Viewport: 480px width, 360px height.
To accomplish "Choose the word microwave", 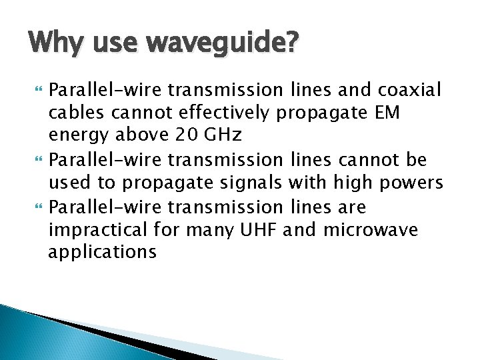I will [x=371, y=229].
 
